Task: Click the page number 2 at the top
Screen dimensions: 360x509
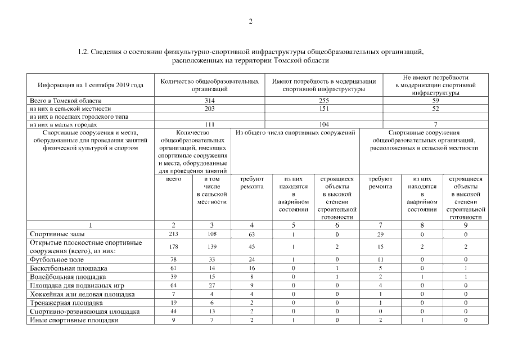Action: [251, 21]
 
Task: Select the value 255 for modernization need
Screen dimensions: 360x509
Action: [324, 100]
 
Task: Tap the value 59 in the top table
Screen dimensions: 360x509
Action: [435, 100]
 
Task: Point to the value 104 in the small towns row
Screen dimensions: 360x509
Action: [324, 124]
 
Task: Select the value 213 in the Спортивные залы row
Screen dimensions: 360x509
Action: [174, 233]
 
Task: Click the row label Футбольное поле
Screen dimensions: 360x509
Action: [57, 259]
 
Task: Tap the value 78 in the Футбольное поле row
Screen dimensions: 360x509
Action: [174, 259]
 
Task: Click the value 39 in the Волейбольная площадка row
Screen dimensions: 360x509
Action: [174, 277]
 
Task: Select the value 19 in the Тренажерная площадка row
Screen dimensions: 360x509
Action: [174, 303]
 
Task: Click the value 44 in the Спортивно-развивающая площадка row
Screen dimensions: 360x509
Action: [174, 312]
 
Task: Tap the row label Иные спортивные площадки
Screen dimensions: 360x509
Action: [74, 320]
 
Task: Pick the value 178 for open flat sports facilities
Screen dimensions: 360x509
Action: [174, 246]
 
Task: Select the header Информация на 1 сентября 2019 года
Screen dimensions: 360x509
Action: [91, 85]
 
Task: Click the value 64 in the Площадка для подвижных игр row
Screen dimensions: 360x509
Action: [174, 285]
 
